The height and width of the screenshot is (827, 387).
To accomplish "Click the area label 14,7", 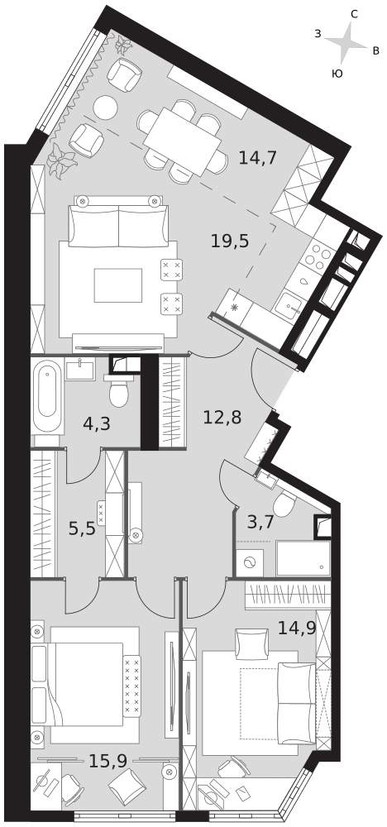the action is [258, 157].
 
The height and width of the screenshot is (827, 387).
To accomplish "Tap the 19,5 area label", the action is [229, 241].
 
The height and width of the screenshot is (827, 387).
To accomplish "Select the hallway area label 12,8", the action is [222, 418].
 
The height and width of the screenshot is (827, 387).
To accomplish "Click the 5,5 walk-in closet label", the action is [82, 528].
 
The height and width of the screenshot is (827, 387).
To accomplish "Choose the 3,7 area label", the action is [260, 523].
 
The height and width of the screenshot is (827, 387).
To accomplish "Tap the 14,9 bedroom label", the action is [296, 628].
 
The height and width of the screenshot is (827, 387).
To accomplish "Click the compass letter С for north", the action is [354, 15].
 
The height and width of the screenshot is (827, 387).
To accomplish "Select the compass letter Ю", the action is [337, 74].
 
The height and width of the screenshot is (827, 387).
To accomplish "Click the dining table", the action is [182, 141].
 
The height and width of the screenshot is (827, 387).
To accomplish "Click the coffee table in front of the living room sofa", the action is [118, 285].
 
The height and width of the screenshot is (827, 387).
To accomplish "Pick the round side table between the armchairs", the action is [106, 107].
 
